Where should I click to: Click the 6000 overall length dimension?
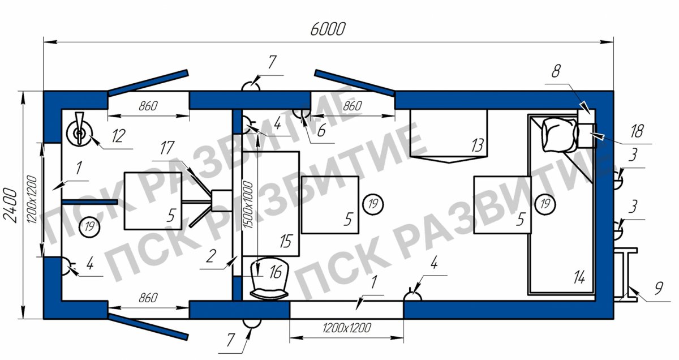pyautogui.click(x=328, y=29)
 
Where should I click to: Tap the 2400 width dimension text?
pyautogui.click(x=11, y=205)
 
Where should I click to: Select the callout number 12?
pyautogui.click(x=118, y=136)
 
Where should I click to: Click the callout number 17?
pyautogui.click(x=167, y=148)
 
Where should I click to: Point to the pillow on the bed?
pyautogui.click(x=560, y=135)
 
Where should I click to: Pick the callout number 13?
pyautogui.click(x=478, y=145)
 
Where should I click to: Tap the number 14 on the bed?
pyautogui.click(x=579, y=277)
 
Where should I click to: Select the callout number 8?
pyautogui.click(x=556, y=71)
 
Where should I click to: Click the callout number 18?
pyautogui.click(x=637, y=131)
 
